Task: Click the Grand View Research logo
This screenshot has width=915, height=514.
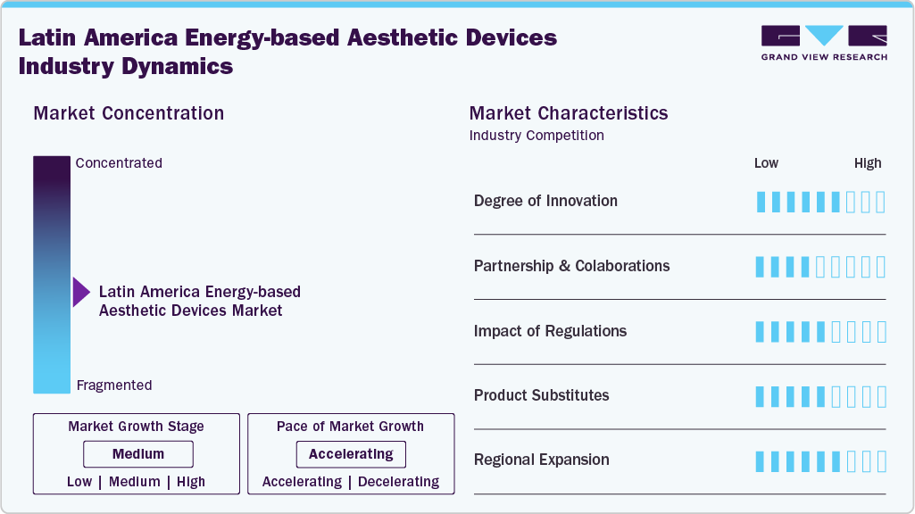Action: pos(823,43)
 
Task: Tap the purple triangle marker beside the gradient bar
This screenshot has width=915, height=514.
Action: pos(81,292)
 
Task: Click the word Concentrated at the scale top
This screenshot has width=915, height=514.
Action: pos(119,163)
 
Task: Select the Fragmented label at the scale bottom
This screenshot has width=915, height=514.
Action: pos(113,385)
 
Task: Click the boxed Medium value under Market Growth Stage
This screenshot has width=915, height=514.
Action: pos(137,454)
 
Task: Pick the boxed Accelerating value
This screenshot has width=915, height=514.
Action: pos(351,454)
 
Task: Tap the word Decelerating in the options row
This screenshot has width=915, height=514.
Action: pos(398,482)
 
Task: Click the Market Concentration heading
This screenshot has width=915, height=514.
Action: pos(129,113)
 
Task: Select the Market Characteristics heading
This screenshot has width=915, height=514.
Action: pos(568,113)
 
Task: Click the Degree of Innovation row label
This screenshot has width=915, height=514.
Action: pos(545,201)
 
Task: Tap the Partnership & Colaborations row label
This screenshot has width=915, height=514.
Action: pos(571,266)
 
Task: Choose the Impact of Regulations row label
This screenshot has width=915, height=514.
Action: pos(550,331)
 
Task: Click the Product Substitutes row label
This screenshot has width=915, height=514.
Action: pos(541,395)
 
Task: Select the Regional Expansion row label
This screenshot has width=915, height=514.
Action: pos(541,460)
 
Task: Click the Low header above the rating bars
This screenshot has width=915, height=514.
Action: pos(766,163)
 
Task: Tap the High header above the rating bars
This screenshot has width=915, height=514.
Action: pos(867,163)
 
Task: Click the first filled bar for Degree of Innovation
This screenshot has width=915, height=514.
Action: pos(761,202)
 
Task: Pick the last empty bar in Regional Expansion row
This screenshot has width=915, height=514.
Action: pos(881,461)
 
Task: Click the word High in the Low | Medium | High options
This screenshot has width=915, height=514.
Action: pos(190,482)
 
